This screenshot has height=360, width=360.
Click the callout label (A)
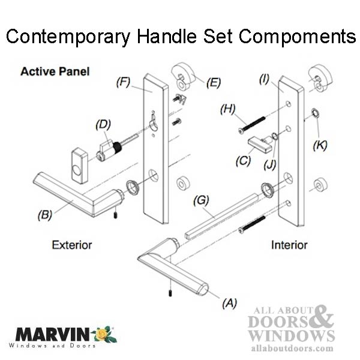(x=230, y=304)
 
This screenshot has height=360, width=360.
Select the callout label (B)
(x=44, y=214)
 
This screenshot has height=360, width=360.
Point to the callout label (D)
(x=103, y=125)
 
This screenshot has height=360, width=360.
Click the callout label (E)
(x=213, y=83)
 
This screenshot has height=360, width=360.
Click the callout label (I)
(x=264, y=78)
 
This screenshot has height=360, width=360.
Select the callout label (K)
(x=322, y=145)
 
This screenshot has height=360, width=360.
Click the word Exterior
(x=72, y=245)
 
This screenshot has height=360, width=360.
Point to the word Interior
(x=289, y=245)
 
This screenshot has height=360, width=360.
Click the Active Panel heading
(x=55, y=71)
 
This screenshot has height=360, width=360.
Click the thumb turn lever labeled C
(x=259, y=145)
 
